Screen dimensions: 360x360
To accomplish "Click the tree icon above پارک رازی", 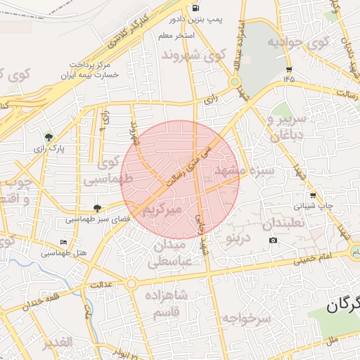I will click(48, 137).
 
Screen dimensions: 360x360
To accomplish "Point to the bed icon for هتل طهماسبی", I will click(64, 243).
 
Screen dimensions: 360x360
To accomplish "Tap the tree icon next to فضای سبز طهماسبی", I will click(97, 208).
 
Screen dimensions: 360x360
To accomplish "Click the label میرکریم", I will click(162, 210).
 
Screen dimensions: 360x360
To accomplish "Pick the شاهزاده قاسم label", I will click(166, 303).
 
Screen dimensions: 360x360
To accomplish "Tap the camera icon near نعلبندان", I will click(273, 240).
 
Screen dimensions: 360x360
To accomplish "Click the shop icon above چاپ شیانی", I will click(312, 195).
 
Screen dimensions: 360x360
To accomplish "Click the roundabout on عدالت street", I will click(131, 284).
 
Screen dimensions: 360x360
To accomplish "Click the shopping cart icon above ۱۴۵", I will click(289, 69).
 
